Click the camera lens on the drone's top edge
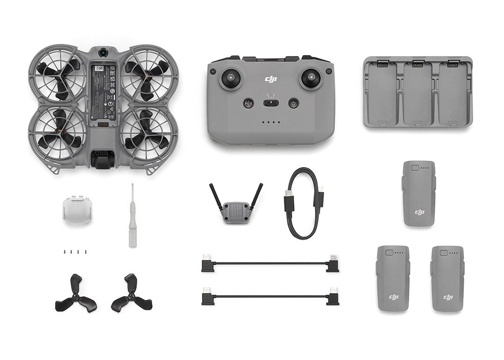point(103,53)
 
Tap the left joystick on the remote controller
point(231,78)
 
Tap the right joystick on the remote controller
point(311,78)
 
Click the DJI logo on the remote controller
point(271,79)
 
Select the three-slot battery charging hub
point(418,92)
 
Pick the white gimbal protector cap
point(77,209)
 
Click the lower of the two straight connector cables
point(270,297)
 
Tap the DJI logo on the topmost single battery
point(420,212)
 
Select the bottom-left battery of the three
point(393,278)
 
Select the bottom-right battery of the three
point(447,278)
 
